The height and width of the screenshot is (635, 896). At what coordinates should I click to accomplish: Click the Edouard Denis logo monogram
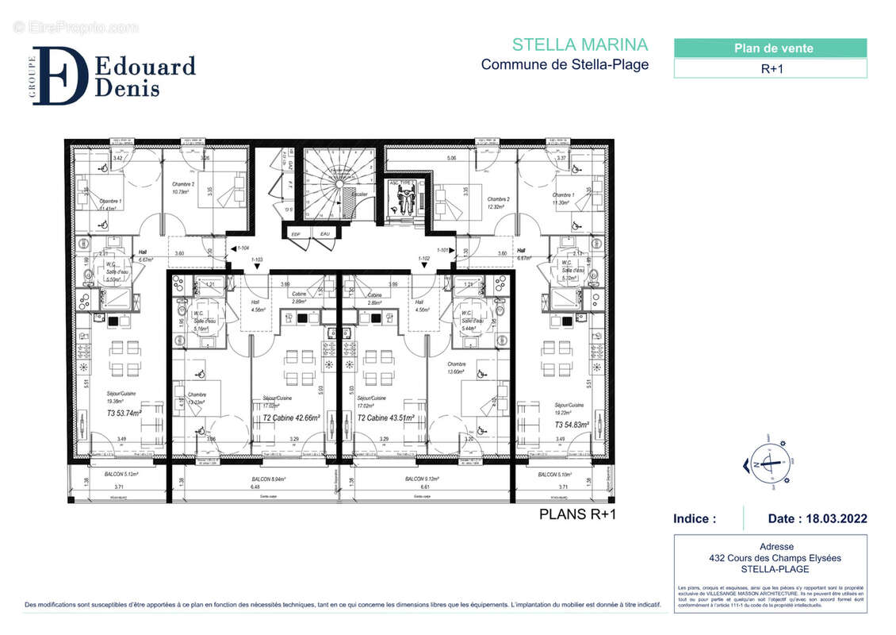point(60,76)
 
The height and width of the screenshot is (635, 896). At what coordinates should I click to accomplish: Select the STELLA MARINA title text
point(580,44)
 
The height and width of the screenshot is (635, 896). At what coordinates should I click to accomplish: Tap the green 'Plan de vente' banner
point(770,48)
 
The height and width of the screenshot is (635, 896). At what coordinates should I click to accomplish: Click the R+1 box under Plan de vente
point(770,68)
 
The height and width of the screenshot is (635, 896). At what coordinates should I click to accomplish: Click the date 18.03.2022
point(818,519)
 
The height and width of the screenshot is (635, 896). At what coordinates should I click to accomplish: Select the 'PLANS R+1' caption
point(577,514)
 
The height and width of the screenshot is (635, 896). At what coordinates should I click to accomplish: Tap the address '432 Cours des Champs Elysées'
point(770,558)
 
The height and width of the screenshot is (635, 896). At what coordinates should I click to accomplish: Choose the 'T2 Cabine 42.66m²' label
point(291,418)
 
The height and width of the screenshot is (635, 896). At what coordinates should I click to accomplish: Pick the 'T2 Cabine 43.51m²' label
point(386,418)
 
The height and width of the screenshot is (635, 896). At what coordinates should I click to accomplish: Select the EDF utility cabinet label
point(297,234)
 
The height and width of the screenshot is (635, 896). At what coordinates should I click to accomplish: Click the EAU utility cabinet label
point(324,234)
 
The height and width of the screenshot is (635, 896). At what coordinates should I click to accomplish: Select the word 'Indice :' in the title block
point(695,519)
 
